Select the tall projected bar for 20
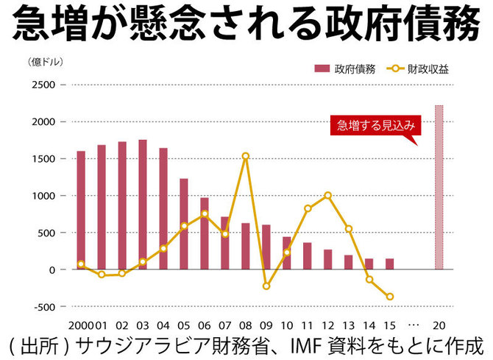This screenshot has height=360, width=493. tap(439, 188)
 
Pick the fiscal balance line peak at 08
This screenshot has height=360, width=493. tap(246, 156)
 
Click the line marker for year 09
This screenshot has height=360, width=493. tap(266, 286)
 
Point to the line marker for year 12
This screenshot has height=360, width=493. tap(327, 195)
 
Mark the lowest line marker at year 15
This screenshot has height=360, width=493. tap(390, 297)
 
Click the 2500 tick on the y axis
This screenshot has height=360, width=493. tap(45, 85)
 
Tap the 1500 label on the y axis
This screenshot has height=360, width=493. tap(45, 159)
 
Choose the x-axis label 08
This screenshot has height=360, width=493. tap(246, 325)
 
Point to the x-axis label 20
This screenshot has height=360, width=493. tap(439, 325)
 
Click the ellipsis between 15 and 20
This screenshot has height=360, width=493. tap(413, 325)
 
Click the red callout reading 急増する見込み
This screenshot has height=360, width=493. tap(374, 125)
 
